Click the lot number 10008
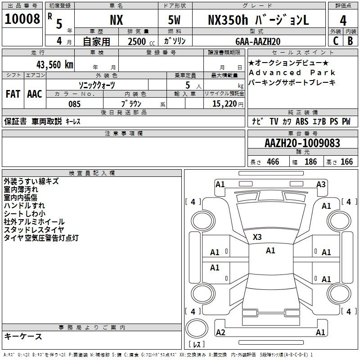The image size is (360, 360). point(22,19)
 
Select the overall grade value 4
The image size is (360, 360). point(343,21)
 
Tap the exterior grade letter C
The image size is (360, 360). point(336,41)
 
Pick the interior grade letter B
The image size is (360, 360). point(351,41)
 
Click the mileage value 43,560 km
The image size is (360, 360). point(54,65)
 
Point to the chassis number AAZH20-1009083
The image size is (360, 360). point(302,143)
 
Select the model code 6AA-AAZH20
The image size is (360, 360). point(258,41)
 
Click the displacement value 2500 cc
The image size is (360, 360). point(141,41)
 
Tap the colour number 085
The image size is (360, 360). point(74,104)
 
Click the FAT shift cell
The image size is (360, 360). point(13,94)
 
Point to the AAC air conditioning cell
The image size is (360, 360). point(35,94)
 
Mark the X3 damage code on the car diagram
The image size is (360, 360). point(257,237)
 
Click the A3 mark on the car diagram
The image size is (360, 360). point(321,184)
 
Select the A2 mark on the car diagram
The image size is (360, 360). point(220,332)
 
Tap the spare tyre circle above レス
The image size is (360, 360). point(197,328)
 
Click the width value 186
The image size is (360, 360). point(310,162)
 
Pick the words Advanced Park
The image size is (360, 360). point(292,72)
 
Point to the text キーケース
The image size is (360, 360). point(23,337)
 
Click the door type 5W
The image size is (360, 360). point(174,20)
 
